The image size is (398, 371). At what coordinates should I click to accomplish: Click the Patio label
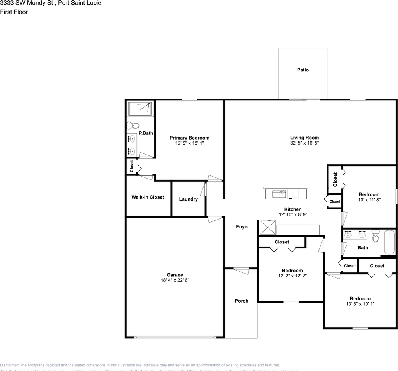coord(303,70)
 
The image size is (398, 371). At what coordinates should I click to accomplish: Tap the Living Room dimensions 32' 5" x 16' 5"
coord(304,143)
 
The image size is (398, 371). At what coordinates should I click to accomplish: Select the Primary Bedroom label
coord(189,138)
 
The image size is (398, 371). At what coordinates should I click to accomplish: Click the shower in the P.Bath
coord(140,108)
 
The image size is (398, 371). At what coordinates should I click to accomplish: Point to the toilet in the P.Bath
coord(134,125)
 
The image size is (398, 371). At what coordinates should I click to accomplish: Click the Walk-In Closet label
coord(148,197)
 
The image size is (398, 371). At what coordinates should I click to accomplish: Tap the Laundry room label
coord(188,199)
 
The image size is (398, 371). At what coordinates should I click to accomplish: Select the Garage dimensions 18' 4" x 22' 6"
coord(175,281)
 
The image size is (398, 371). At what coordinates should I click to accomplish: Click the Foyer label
coord(243,227)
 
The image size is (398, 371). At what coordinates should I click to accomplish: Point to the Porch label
coord(242,301)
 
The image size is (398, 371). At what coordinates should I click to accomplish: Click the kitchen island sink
coord(279,193)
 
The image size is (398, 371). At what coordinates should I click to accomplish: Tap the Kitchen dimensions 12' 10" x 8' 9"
coord(293,214)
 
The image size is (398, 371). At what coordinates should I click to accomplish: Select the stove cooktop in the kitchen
coord(267,227)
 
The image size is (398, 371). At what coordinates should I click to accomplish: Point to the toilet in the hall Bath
coord(375,236)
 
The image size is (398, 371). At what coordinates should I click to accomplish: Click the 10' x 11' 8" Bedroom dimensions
coord(369,200)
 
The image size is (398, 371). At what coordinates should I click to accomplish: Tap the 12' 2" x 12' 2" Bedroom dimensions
coord(292,276)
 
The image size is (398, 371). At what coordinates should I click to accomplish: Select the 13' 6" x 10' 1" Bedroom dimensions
coord(360,304)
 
